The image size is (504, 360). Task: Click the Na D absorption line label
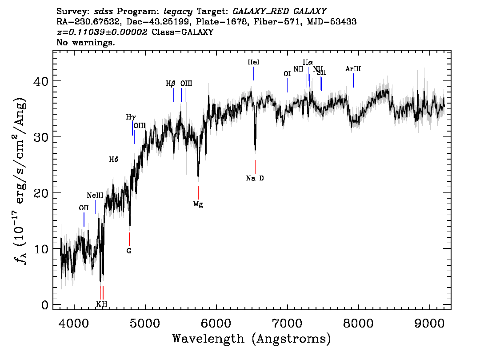tap(255, 178)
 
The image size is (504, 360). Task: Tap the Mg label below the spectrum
tap(198, 204)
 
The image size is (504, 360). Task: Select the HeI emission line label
tap(253, 63)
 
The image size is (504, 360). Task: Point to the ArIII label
tap(353, 69)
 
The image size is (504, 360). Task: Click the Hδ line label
tap(114, 159)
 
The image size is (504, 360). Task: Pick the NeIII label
tap(95, 195)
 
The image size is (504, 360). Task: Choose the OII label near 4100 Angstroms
tap(84, 208)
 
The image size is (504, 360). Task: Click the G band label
tap(129, 251)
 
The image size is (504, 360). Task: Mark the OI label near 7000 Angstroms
tap(287, 74)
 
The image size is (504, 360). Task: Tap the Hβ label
tap(171, 83)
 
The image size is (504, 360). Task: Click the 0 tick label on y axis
tap(45, 305)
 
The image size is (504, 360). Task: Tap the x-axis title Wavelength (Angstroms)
tap(252, 339)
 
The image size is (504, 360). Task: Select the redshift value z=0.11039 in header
tap(102, 32)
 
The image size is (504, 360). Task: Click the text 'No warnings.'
tap(86, 43)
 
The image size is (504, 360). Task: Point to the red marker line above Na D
tap(255, 167)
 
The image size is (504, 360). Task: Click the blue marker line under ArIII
tap(353, 80)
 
